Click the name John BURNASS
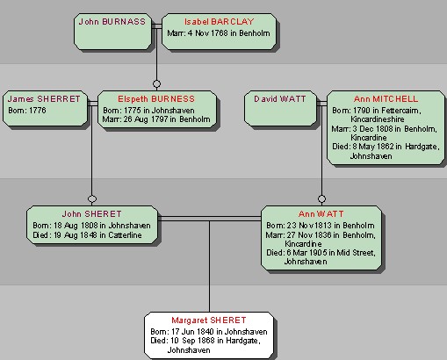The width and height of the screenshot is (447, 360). tap(112, 22)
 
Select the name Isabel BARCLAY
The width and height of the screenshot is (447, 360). tap(219, 22)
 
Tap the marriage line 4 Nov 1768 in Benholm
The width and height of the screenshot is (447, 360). tap(219, 33)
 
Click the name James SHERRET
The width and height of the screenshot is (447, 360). tap(44, 99)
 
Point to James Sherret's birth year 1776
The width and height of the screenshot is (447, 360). tap(27, 111)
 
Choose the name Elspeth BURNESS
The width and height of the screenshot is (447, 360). tap(156, 99)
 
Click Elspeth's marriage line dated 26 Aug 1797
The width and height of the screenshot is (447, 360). tap(156, 119)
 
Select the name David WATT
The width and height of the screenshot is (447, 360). tap(280, 99)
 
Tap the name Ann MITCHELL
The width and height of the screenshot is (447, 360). tap(386, 99)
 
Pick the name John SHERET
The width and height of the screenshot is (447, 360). tap(91, 214)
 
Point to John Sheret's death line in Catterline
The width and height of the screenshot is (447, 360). tap(87, 235)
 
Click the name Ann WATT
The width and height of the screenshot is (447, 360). tap(321, 214)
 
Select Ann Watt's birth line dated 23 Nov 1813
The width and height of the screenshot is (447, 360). tap(321, 226)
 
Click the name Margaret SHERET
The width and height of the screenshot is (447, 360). tap(209, 320)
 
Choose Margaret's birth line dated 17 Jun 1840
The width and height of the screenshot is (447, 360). tap(209, 332)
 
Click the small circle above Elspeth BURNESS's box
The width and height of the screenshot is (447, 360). tap(156, 84)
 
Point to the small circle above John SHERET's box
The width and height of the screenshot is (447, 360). tap(92, 199)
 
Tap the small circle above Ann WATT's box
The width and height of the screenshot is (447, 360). tap(321, 199)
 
